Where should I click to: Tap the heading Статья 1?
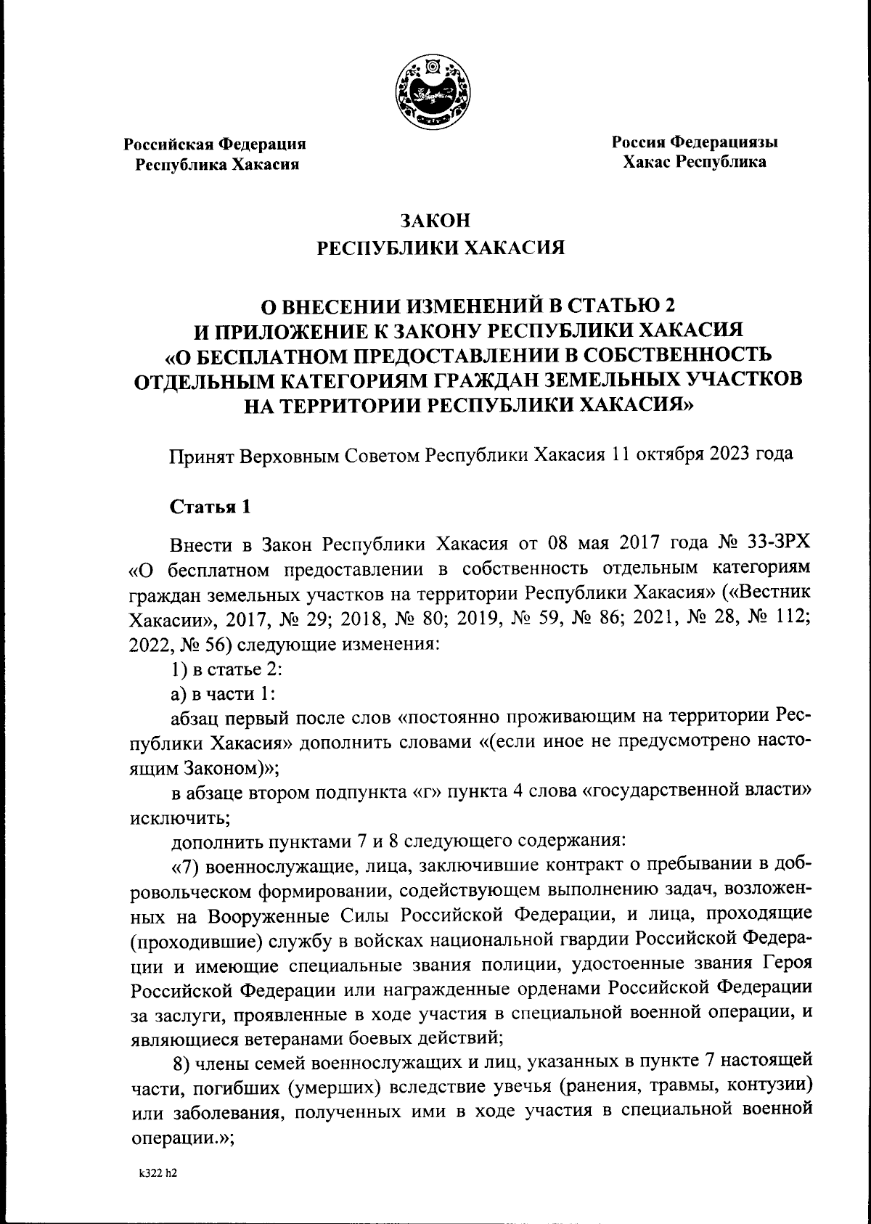pos(210,507)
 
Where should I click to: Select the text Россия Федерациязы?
pos(695,142)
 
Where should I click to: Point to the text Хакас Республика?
pos(695,162)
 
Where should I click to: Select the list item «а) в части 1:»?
pos(222,694)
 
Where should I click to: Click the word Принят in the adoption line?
pos(196,455)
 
